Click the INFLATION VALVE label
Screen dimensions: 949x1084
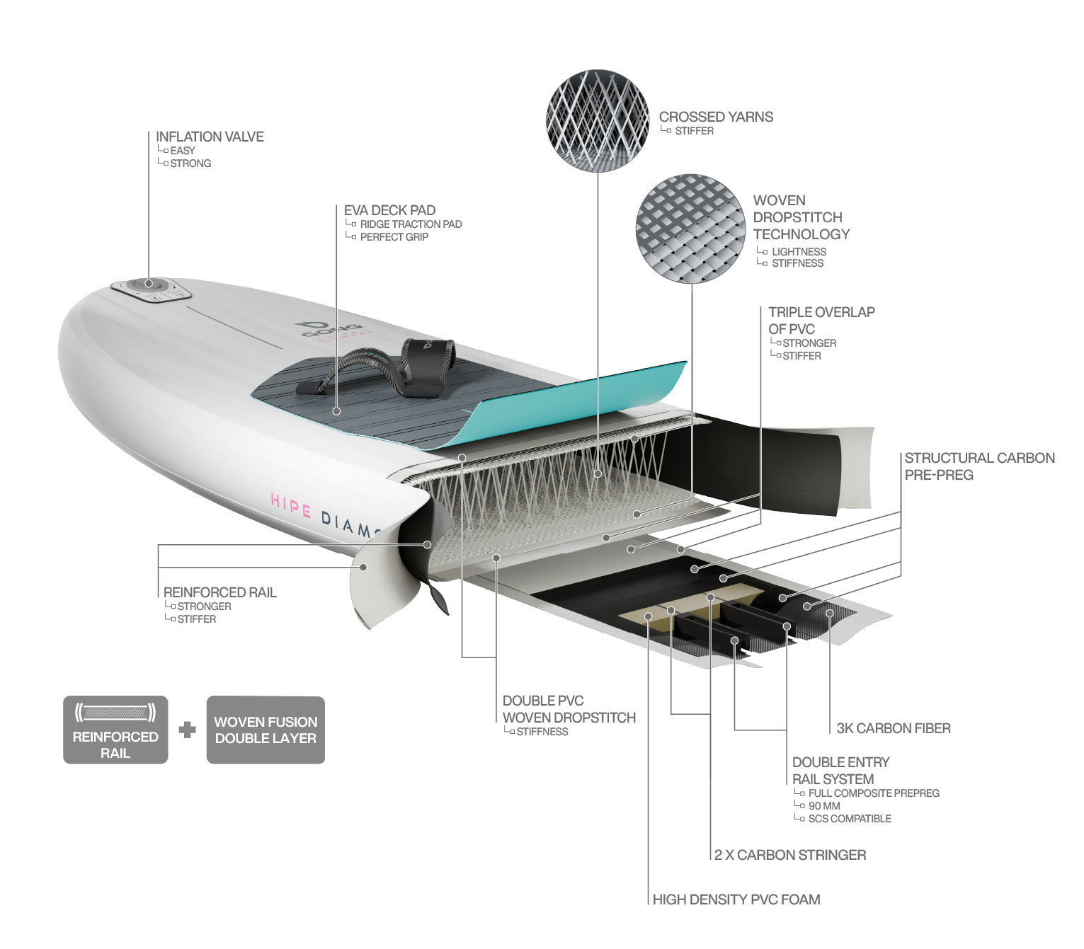coord(210,137)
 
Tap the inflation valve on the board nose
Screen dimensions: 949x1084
coord(149,285)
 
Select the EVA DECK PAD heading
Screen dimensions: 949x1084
coord(389,210)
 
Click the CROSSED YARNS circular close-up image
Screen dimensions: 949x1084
coord(598,120)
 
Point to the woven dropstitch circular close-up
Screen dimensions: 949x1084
coord(690,229)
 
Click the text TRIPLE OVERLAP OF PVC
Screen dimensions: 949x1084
coord(821,321)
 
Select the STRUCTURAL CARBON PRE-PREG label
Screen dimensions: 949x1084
coord(979,466)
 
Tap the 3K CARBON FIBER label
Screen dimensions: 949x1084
coord(893,728)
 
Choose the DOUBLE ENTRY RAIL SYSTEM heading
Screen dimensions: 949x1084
coord(840,771)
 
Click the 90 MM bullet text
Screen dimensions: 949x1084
coord(824,806)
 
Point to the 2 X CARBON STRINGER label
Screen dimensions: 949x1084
coord(790,855)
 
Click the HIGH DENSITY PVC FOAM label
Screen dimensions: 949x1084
coord(736,899)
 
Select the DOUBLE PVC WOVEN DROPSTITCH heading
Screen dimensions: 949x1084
coord(569,709)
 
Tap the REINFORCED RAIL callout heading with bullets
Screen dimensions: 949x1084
coord(219,592)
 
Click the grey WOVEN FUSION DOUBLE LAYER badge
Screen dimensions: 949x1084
coord(266,730)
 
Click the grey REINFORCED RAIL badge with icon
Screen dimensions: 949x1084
coord(115,730)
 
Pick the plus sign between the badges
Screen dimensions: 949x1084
coord(187,730)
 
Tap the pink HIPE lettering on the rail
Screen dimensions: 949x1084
coord(291,506)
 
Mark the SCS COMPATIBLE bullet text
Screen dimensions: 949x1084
coord(850,819)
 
